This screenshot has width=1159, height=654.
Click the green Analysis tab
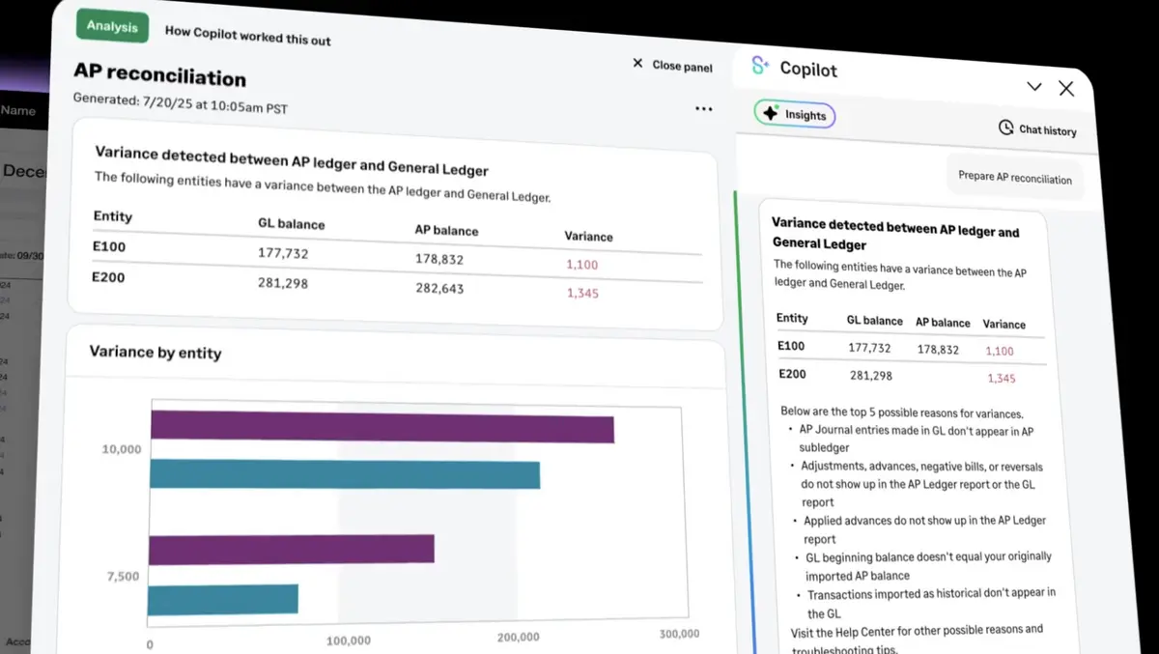point(112,26)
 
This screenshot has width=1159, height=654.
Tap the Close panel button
point(672,65)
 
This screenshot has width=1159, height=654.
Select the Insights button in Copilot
point(795,114)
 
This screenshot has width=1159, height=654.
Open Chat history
point(1036,128)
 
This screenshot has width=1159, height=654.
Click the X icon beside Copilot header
point(1066,89)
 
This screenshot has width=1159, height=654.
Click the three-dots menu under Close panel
point(703,109)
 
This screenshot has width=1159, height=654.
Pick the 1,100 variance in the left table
point(582,265)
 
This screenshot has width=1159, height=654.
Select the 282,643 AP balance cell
point(439,288)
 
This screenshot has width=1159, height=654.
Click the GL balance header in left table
point(291,224)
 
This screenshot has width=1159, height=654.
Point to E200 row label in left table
point(109,277)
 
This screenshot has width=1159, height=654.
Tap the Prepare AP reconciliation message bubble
point(1014,178)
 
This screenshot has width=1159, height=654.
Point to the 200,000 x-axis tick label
point(518,637)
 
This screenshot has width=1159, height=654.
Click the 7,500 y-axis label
point(122,577)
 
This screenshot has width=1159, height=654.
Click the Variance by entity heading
point(155,353)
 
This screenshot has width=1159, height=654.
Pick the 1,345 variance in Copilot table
point(1002,379)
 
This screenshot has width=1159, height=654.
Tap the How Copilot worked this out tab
point(247,35)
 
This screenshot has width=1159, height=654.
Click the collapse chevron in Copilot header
point(1034,87)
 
